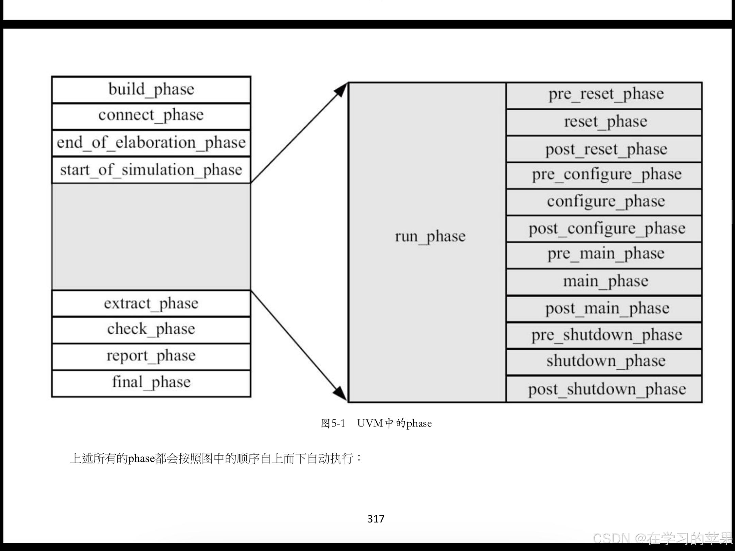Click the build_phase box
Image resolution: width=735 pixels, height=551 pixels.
[x=151, y=89]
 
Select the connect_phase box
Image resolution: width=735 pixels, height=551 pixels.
[x=151, y=116]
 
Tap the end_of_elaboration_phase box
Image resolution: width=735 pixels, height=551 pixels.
[x=151, y=143]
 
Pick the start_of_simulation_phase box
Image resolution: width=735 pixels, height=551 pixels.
[x=151, y=170]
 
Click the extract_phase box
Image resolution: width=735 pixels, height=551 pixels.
[x=151, y=303]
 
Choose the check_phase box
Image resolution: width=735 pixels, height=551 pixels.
[x=151, y=330]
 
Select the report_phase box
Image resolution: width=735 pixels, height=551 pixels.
[x=151, y=356]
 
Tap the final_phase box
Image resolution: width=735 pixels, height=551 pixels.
[x=151, y=383]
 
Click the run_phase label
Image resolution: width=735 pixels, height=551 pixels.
[x=430, y=236]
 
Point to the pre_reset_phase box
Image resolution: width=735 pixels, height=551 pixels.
[x=604, y=95]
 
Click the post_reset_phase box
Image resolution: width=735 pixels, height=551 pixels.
[x=604, y=149]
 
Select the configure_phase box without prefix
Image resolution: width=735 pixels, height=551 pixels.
[x=604, y=202]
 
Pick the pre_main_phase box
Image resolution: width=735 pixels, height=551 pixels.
[x=604, y=255]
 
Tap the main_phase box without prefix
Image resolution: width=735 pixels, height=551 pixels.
[x=604, y=282]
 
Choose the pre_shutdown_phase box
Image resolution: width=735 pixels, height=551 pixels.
[x=604, y=335]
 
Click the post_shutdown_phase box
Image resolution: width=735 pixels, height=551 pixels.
[x=604, y=389]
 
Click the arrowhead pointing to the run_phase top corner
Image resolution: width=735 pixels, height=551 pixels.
[x=341, y=90]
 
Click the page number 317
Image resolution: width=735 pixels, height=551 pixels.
[x=376, y=519]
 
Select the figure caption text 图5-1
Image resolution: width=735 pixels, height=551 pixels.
[x=333, y=423]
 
